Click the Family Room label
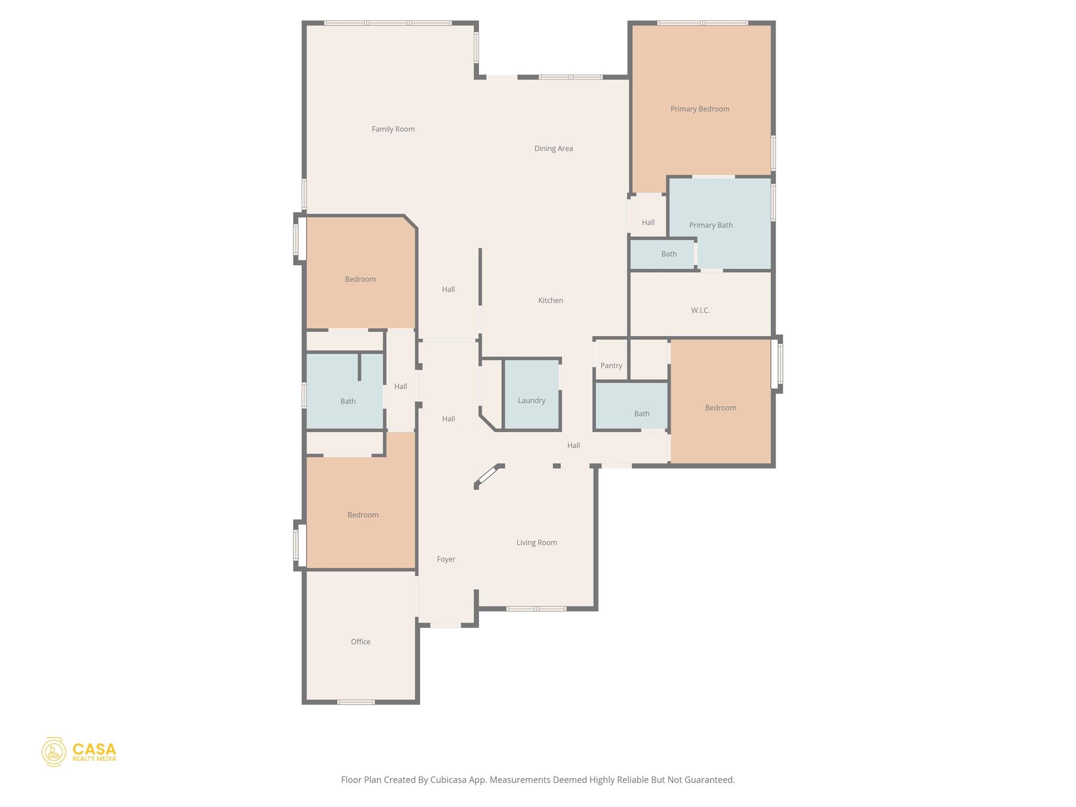tap(393, 129)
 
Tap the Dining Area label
tap(553, 149)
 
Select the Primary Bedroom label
tap(699, 109)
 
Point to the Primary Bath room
tap(710, 225)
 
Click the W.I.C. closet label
tap(700, 311)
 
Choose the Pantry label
tap(611, 366)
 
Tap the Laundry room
tap(531, 400)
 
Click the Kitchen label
tap(550, 301)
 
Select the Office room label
tap(360, 642)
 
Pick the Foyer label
tap(446, 560)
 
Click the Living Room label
tap(536, 543)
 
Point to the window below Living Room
tap(536, 609)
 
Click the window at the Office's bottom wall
tap(356, 702)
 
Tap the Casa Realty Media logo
tap(79, 752)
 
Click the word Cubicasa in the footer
tap(449, 780)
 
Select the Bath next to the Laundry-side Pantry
tap(641, 414)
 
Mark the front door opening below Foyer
tap(446, 625)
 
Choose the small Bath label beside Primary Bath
tap(668, 254)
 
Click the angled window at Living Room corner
tap(488, 475)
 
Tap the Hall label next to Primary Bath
tap(648, 223)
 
